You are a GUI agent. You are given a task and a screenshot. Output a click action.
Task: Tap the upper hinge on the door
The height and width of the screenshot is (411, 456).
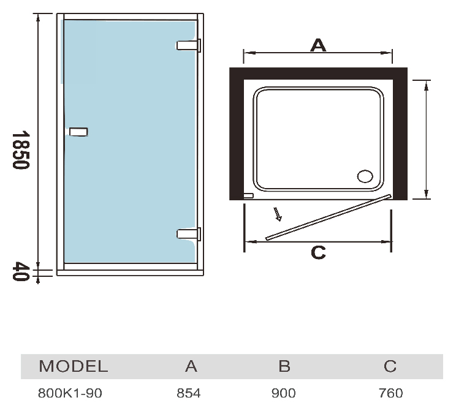click(189, 45)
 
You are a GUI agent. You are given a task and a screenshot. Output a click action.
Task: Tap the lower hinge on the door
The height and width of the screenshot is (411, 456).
click(189, 233)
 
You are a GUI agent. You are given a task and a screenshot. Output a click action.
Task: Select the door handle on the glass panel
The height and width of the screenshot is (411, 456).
click(78, 132)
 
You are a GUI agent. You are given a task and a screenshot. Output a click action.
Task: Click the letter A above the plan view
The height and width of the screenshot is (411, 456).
click(317, 45)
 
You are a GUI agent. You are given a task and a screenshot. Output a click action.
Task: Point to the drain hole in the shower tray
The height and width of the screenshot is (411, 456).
click(365, 176)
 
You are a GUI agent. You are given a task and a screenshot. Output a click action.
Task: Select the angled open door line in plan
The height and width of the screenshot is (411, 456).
click(328, 217)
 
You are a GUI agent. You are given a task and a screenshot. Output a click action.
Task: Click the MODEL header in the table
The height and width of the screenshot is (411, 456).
click(73, 366)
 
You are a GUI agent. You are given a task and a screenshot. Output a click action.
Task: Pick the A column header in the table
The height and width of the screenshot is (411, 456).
click(191, 366)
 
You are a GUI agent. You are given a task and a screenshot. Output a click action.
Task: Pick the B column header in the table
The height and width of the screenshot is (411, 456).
click(284, 366)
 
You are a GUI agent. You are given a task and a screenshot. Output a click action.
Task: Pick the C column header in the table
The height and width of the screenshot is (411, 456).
click(390, 366)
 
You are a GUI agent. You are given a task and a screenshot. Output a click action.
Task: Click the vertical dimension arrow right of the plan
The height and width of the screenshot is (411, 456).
click(426, 139)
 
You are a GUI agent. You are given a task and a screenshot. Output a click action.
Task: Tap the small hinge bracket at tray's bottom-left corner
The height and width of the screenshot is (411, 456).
click(248, 196)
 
